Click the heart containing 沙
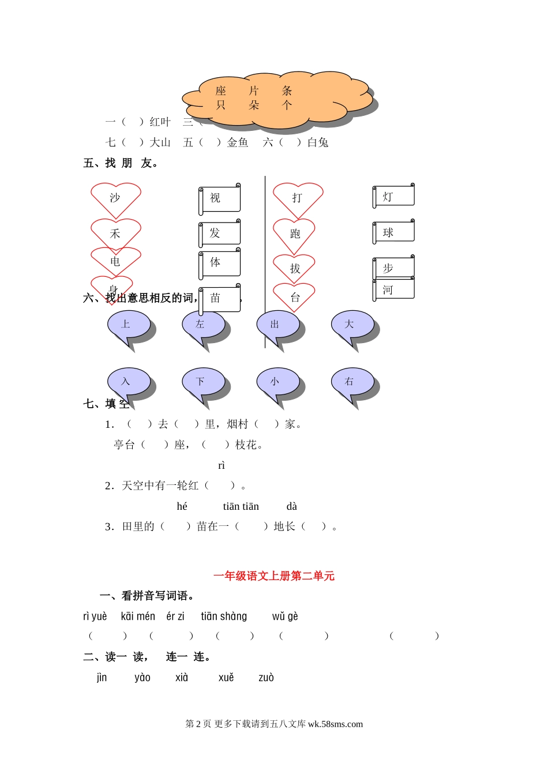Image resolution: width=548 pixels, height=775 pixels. click(x=115, y=198)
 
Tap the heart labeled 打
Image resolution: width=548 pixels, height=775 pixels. click(x=298, y=198)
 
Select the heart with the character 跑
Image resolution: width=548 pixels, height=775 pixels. click(x=295, y=234)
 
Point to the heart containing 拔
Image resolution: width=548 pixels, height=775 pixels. click(x=295, y=268)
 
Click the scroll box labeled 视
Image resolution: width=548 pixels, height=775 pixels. click(x=220, y=198)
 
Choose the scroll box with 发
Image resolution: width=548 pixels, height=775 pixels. click(x=220, y=233)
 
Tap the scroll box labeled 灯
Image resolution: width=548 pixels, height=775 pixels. click(x=394, y=197)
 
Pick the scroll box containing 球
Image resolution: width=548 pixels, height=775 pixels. click(x=394, y=232)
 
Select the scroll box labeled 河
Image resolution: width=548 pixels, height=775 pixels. click(x=394, y=289)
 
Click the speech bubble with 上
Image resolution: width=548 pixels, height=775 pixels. click(x=128, y=325)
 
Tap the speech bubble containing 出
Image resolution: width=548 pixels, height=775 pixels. click(x=277, y=325)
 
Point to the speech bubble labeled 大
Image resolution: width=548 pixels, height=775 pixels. click(x=351, y=325)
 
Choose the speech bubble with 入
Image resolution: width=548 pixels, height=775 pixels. click(x=128, y=382)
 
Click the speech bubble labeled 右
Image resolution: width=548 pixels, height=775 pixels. click(x=351, y=382)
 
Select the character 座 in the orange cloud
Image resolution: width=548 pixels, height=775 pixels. click(x=221, y=91)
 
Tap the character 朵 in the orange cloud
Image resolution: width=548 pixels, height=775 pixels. click(x=254, y=105)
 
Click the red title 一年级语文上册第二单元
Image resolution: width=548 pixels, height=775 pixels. click(x=274, y=575)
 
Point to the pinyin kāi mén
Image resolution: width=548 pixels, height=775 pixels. click(x=138, y=616)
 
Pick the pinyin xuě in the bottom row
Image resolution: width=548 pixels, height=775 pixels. click(x=226, y=678)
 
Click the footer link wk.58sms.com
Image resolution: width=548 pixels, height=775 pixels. click(x=335, y=724)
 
